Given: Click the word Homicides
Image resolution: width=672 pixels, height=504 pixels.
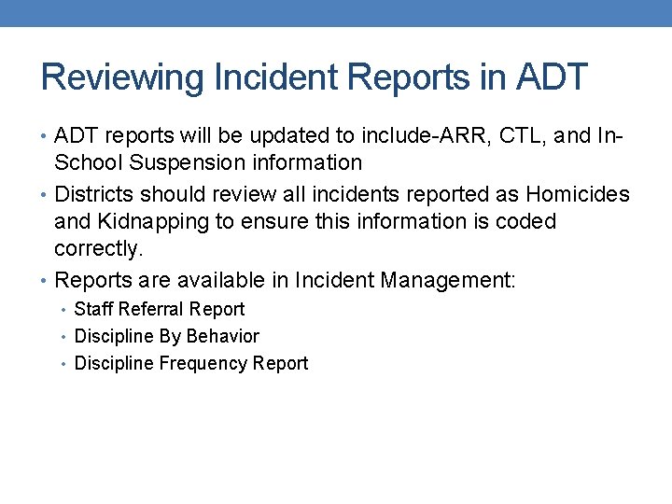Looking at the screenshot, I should [578, 194].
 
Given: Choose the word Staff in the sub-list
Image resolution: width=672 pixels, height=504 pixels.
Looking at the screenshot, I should [93, 309].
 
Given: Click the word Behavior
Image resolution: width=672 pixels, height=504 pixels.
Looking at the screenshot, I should [223, 336].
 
